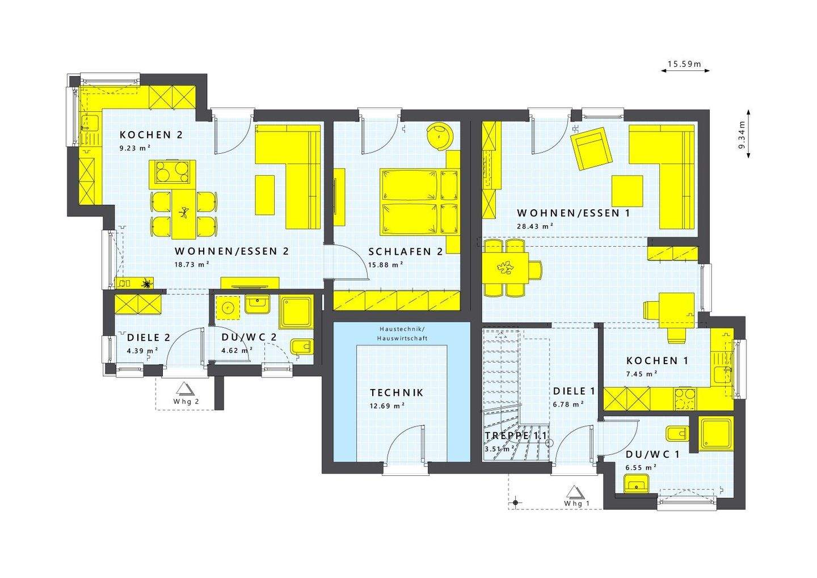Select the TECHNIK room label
coord(397,393)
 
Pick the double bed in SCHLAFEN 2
coord(410,201)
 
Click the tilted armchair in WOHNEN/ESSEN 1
coord(592,149)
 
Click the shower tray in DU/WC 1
coord(717,433)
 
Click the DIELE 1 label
coord(574,391)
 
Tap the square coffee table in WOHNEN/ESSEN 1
coord(627,191)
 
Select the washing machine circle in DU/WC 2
coord(229,309)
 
